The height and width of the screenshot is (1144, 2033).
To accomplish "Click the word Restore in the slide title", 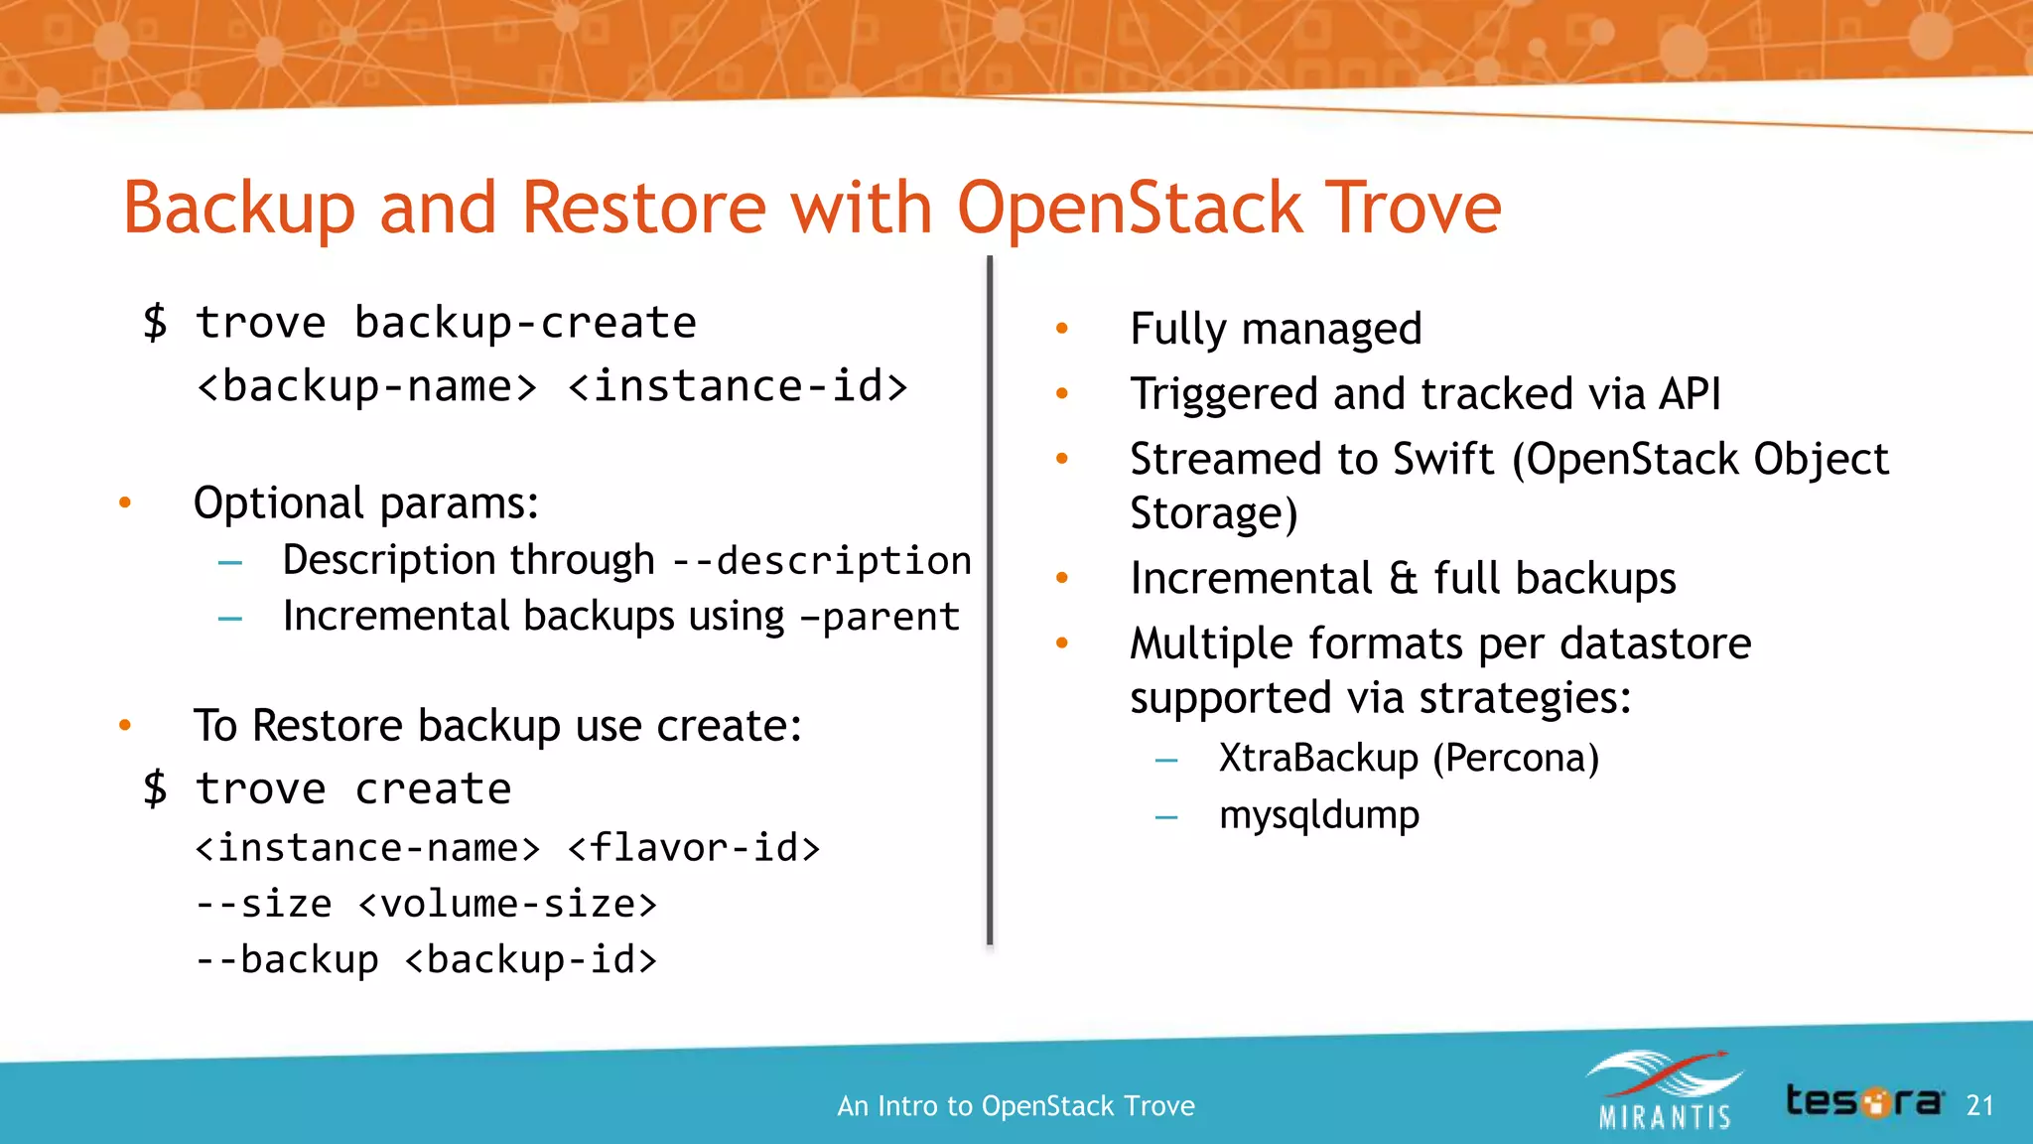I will click(643, 209).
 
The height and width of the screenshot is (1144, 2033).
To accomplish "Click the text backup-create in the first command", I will click(525, 324).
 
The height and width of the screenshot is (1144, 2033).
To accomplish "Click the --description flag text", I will click(822, 561).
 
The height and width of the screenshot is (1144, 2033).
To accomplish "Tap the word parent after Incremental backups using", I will click(890, 618).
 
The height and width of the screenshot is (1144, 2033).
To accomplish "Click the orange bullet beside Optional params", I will click(125, 502).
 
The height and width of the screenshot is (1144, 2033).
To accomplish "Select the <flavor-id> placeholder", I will click(694, 848).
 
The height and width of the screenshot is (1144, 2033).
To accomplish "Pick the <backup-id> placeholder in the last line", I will click(531, 960).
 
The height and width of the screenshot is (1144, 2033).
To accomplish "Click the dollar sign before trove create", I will click(155, 789).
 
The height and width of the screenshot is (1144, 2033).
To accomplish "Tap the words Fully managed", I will click(1276, 329).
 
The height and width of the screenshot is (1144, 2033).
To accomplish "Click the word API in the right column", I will click(1690, 394).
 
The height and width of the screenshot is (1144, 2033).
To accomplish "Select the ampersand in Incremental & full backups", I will click(1403, 579).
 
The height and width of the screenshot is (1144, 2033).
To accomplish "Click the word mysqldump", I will click(1318, 815).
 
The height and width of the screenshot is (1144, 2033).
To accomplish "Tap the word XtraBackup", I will click(1318, 759).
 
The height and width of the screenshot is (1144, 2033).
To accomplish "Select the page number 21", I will click(1979, 1105).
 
